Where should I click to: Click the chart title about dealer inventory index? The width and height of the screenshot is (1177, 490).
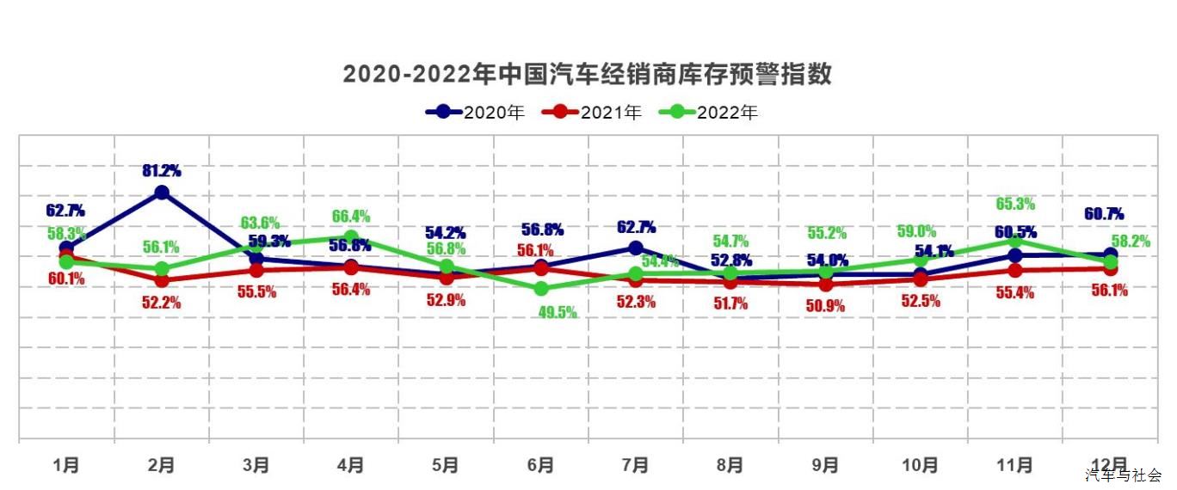588,74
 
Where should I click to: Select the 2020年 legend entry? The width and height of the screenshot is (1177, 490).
475,112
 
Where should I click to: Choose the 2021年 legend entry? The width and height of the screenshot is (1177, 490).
592,112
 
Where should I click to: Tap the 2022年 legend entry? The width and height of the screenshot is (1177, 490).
708,112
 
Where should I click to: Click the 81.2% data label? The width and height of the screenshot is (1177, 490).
162,171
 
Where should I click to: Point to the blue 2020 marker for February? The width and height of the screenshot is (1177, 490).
162,193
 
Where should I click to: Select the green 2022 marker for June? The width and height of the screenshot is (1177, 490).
540,289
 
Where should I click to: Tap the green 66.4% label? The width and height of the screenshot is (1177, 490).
351,216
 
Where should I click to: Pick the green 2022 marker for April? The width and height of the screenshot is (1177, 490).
351,236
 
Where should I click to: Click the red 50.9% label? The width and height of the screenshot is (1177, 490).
825,305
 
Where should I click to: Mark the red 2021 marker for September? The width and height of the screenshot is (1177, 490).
825,284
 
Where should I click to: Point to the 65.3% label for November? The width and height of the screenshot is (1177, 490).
1014,205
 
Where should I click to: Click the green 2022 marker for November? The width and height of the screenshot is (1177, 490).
1015,240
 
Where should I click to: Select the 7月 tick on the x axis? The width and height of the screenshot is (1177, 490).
635,465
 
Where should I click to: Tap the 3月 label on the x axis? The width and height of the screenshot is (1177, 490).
256,465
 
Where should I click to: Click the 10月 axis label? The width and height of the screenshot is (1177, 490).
920,465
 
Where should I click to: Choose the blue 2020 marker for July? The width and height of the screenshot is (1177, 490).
635,248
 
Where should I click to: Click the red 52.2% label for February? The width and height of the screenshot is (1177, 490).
162,302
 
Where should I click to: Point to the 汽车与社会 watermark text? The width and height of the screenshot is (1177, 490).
1123,475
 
